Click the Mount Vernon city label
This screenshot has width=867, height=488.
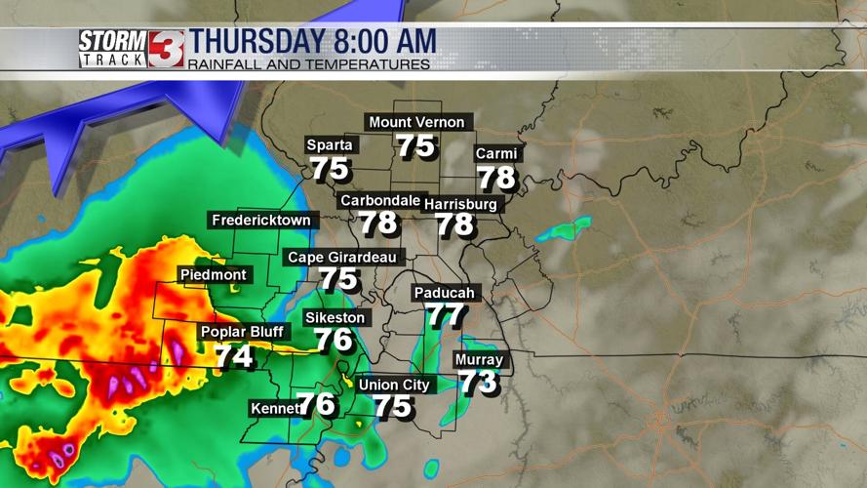click(x=416, y=122)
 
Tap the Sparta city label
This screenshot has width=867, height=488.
click(x=330, y=145)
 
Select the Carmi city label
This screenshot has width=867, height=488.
click(x=495, y=154)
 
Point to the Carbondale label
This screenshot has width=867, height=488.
click(x=379, y=200)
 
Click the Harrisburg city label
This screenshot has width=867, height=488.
click(x=460, y=204)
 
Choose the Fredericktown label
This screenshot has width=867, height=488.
click(x=261, y=221)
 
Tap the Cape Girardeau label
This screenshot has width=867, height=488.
click(x=341, y=258)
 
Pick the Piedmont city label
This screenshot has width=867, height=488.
click(x=214, y=275)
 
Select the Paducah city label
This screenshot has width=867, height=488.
click(x=444, y=293)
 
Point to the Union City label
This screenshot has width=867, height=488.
click(x=394, y=385)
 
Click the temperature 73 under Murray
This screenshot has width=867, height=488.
click(x=479, y=383)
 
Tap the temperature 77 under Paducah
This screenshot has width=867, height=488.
click(x=446, y=316)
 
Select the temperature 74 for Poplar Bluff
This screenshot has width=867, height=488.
click(x=234, y=356)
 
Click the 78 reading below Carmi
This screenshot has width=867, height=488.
click(x=496, y=178)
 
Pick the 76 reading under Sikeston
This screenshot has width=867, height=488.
click(x=334, y=340)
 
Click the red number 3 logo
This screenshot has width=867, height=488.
click(x=166, y=49)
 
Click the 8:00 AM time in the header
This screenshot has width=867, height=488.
click(x=384, y=42)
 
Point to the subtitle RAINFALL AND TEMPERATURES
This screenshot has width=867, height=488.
click(x=309, y=65)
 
